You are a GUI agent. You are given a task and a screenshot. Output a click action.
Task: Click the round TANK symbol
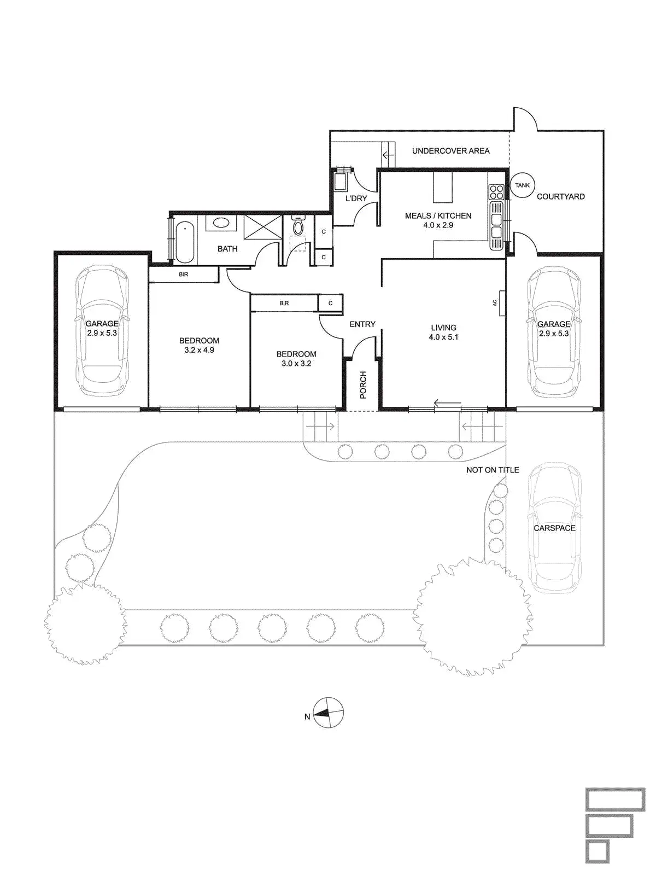coord(522,185)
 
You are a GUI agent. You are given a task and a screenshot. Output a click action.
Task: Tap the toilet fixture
coord(297,225)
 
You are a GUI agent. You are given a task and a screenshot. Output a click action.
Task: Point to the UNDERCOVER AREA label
coord(450,151)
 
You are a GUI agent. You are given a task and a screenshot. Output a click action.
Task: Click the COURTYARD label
coord(560,196)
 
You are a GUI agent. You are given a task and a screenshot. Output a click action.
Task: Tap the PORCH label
coord(362,385)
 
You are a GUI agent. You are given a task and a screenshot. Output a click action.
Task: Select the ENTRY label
coord(362,324)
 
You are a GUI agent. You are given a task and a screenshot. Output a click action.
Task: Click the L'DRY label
coord(356,199)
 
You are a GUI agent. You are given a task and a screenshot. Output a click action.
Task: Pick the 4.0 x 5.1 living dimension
coord(443,337)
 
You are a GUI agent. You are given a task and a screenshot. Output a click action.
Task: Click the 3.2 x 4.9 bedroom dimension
coord(199,350)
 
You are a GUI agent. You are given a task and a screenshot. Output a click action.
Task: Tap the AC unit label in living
coord(495,303)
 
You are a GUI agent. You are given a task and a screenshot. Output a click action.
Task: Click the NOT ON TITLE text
coord(493,470)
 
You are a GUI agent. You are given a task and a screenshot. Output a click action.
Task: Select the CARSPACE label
coord(554,528)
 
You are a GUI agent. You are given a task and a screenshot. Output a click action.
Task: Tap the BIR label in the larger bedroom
coord(184,275)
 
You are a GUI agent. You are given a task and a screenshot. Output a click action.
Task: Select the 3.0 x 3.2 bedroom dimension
coord(296,363)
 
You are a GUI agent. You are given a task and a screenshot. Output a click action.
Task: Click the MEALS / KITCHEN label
coord(438,215)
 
